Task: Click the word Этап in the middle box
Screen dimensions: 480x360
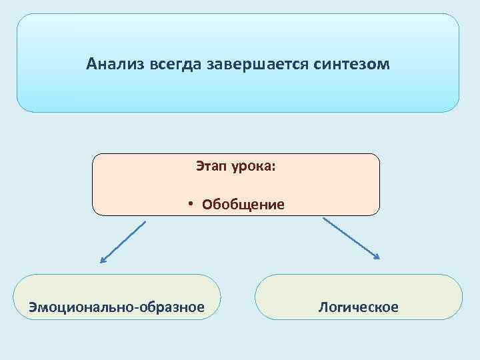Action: coord(211,166)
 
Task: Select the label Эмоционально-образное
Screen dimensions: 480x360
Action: coord(116,307)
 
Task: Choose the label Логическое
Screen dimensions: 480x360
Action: coord(359,307)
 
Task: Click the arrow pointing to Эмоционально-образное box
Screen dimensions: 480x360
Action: coord(122,242)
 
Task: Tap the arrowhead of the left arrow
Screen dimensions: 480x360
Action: coord(102,261)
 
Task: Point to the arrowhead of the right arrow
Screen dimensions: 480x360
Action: coord(377,257)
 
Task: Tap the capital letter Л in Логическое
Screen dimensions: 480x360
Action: coord(323,307)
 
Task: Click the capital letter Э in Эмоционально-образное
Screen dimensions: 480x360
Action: coord(31,307)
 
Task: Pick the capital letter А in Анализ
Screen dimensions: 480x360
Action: coord(91,65)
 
